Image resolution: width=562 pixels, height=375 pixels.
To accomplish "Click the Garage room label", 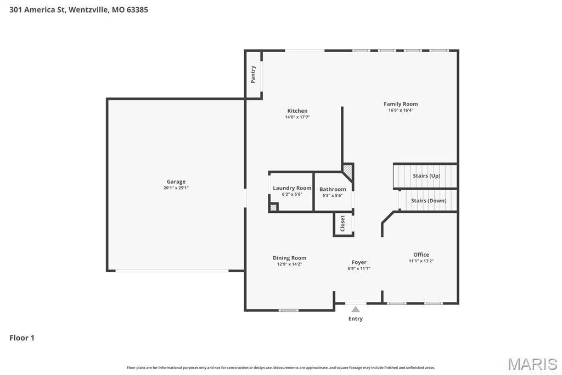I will pyautogui.click(x=176, y=181).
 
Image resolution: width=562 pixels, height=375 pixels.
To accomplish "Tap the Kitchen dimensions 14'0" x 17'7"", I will pyautogui.click(x=297, y=117).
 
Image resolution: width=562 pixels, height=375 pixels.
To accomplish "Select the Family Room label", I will pyautogui.click(x=401, y=104).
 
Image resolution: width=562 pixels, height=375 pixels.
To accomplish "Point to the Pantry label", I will pyautogui.click(x=253, y=74).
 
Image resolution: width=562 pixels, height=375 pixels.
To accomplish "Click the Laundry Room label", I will pyautogui.click(x=292, y=188).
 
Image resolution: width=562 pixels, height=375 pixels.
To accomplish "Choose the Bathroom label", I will pyautogui.click(x=333, y=189).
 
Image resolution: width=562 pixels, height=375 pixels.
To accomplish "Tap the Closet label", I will pyautogui.click(x=343, y=223).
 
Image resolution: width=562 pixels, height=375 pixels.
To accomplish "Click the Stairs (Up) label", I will pyautogui.click(x=426, y=176).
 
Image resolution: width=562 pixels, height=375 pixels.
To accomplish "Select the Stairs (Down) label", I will pyautogui.click(x=429, y=201).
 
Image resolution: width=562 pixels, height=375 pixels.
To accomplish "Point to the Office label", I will pyautogui.click(x=421, y=255).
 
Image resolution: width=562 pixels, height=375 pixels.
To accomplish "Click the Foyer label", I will pyautogui.click(x=359, y=262).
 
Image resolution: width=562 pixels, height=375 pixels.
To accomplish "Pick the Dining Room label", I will pyautogui.click(x=289, y=258).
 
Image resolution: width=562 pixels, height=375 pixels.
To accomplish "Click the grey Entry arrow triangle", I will pyautogui.click(x=356, y=309).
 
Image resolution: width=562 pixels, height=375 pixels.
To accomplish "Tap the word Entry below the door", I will pyautogui.click(x=356, y=319).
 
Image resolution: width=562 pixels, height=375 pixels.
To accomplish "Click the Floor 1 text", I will pyautogui.click(x=22, y=338).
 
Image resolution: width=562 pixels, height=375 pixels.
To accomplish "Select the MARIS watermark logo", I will pyautogui.click(x=532, y=364).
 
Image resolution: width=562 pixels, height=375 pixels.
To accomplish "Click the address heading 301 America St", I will pyautogui.click(x=78, y=9).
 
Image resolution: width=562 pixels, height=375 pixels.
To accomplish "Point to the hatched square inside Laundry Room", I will pyautogui.click(x=273, y=207).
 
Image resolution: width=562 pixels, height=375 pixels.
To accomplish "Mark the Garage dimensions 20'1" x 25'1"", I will pyautogui.click(x=176, y=188).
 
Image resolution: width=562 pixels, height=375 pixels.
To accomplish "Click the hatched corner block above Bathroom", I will pyautogui.click(x=347, y=169).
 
